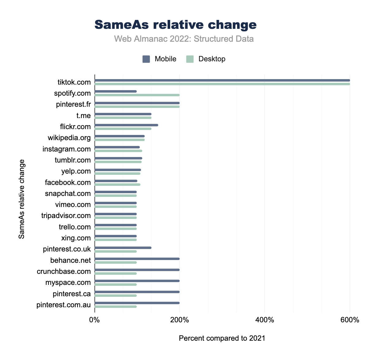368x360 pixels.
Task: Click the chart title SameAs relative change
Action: pyautogui.click(x=175, y=25)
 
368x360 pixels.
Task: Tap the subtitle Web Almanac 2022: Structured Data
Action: pyautogui.click(x=184, y=39)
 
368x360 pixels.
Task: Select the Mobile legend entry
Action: pyautogui.click(x=159, y=59)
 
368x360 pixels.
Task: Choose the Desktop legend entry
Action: pyautogui.click(x=206, y=59)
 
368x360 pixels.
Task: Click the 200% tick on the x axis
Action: pyautogui.click(x=179, y=320)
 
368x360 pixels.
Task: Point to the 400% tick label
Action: pyautogui.click(x=265, y=320)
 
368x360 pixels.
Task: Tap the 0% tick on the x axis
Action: pyautogui.click(x=94, y=320)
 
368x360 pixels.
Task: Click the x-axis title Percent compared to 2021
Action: pyautogui.click(x=222, y=338)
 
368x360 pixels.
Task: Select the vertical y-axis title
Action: pyautogui.click(x=21, y=199)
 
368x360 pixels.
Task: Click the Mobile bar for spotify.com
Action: pyautogui.click(x=116, y=91)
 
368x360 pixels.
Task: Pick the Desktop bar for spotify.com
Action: pyautogui.click(x=137, y=95)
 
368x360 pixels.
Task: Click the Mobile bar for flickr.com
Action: pyautogui.click(x=126, y=125)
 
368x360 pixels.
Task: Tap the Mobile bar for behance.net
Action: pyautogui.click(x=137, y=259)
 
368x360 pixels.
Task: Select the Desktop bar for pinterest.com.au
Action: pyautogui.click(x=116, y=307)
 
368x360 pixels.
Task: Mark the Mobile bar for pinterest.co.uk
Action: pyautogui.click(x=123, y=248)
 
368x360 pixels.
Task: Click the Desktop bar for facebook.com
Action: pyautogui.click(x=117, y=184)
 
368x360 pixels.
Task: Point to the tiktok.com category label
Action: pyautogui.click(x=74, y=82)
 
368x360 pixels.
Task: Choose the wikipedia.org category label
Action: pyautogui.click(x=69, y=138)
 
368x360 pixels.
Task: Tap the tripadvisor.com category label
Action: pyautogui.click(x=66, y=216)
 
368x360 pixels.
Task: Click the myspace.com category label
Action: pyautogui.click(x=68, y=282)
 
